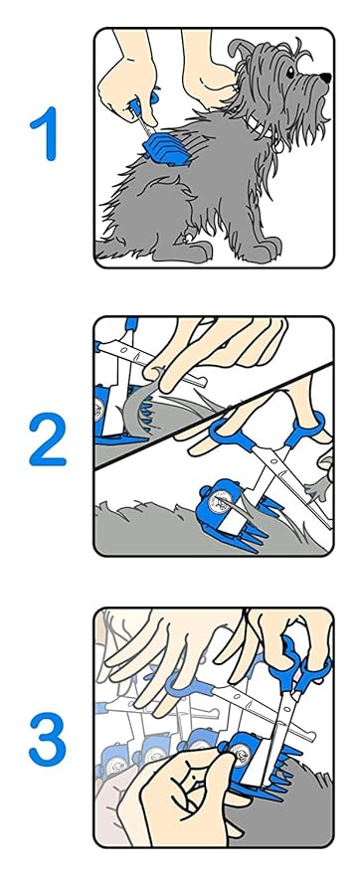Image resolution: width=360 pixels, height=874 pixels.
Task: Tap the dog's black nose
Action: click(325, 79)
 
